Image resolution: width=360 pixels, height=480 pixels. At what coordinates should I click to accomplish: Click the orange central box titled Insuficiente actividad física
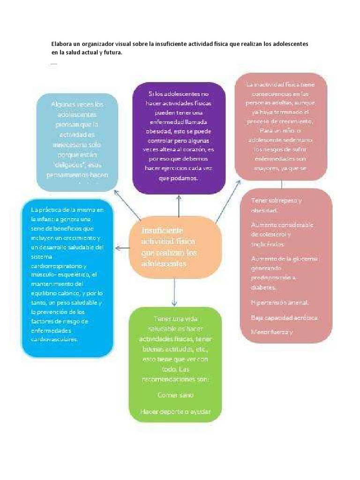[x=175, y=247]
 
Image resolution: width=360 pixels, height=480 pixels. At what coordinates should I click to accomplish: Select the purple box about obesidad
[x=179, y=138]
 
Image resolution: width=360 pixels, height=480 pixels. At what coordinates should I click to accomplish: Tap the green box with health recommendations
[x=175, y=364]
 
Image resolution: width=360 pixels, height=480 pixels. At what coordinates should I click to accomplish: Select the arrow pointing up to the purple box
[x=178, y=206]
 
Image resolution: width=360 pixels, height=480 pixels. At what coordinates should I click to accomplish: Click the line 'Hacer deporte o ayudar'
[x=175, y=412]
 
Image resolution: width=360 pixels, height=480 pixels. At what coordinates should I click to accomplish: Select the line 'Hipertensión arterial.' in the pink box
[x=280, y=302]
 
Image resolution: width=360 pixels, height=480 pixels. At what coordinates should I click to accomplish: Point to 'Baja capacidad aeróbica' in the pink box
[x=285, y=318]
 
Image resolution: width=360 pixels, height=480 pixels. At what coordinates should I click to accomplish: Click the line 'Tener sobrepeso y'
[x=277, y=201]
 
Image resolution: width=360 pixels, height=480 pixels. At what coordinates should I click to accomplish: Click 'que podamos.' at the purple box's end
[x=179, y=179]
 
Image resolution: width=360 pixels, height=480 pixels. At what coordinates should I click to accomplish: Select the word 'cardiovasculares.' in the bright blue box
[x=54, y=339]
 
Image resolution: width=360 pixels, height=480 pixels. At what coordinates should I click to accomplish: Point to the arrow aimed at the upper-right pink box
[x=229, y=196]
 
